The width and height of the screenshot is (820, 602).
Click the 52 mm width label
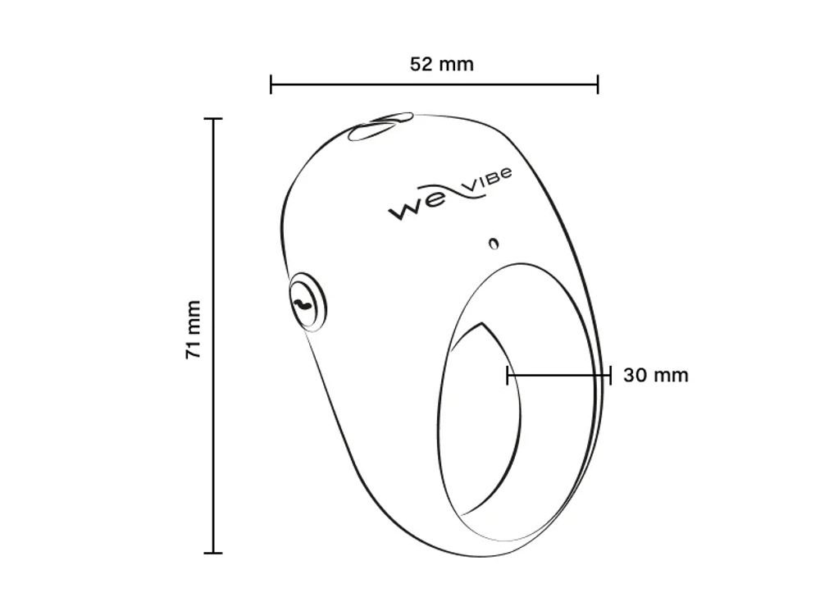[x=441, y=64]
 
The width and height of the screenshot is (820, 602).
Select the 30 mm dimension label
[x=655, y=376]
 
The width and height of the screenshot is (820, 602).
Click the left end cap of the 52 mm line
[x=271, y=84]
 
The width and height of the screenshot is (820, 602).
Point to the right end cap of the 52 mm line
[x=598, y=84]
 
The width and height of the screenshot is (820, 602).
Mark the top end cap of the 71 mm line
[x=213, y=119]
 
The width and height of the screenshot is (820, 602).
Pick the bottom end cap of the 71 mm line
[x=213, y=553]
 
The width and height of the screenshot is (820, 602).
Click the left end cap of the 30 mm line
[x=508, y=376]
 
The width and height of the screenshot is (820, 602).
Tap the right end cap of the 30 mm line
[x=610, y=376]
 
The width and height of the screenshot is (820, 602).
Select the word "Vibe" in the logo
[x=486, y=183]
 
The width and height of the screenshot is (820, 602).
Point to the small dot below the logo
[x=493, y=243]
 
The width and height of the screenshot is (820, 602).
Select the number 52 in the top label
[x=421, y=64]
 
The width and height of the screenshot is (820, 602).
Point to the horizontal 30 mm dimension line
[x=558, y=376]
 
